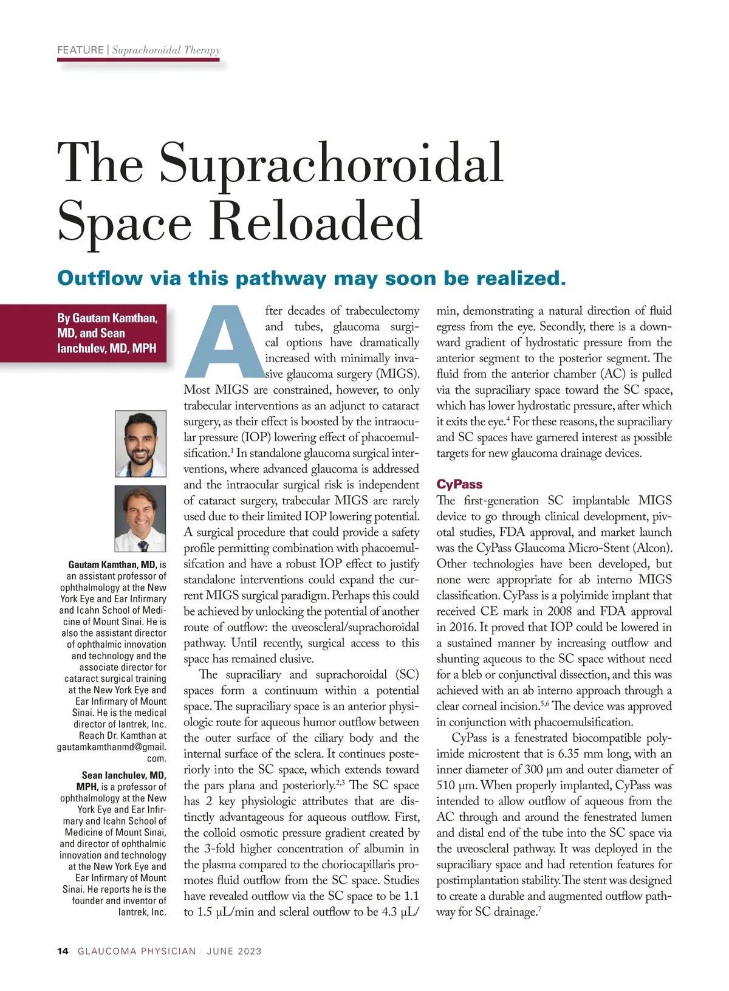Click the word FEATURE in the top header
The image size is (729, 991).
click(80, 50)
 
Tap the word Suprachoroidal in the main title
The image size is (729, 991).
click(331, 163)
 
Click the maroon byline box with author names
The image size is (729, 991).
click(107, 333)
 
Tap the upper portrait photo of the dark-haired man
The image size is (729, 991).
click(140, 444)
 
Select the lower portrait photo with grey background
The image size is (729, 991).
click(140, 518)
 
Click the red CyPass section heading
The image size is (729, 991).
click(459, 484)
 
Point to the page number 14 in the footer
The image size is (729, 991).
click(63, 951)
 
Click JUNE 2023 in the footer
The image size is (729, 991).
click(234, 951)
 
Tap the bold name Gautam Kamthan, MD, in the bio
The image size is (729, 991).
click(112, 564)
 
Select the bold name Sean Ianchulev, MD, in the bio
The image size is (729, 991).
click(124, 775)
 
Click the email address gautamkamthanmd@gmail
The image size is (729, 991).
click(111, 747)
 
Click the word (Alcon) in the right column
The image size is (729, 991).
click(652, 548)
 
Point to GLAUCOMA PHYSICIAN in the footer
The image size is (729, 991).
click(137, 951)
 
